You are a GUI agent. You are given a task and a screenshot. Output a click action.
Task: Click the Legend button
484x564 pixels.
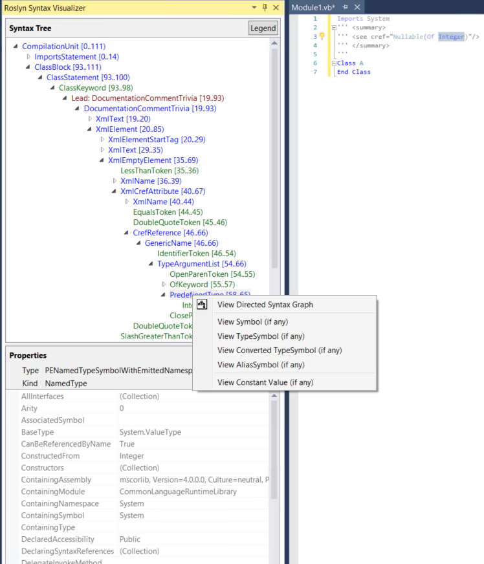coord(263,28)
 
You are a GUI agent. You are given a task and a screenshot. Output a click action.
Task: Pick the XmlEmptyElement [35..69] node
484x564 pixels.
coord(153,160)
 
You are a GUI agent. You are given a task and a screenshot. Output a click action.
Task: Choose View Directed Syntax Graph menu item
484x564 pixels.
coord(265,305)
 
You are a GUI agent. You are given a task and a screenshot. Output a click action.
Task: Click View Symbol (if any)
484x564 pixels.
coord(252,321)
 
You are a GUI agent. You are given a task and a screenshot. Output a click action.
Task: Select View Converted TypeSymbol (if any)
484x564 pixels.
coord(280,350)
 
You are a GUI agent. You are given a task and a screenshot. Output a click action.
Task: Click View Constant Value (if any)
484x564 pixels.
coord(265,382)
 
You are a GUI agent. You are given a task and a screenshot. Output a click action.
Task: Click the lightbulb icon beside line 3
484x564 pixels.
coord(322,37)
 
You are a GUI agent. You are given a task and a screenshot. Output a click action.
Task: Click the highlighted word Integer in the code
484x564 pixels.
coord(451,37)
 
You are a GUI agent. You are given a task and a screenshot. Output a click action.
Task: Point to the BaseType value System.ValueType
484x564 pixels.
coord(150,432)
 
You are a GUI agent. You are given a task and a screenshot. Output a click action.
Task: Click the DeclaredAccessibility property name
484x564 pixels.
coord(58,539)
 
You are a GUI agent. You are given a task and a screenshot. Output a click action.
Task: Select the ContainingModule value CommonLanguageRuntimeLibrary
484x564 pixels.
coord(178,492)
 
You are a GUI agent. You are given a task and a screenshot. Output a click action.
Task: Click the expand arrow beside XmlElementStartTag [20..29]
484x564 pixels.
coord(102,140)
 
